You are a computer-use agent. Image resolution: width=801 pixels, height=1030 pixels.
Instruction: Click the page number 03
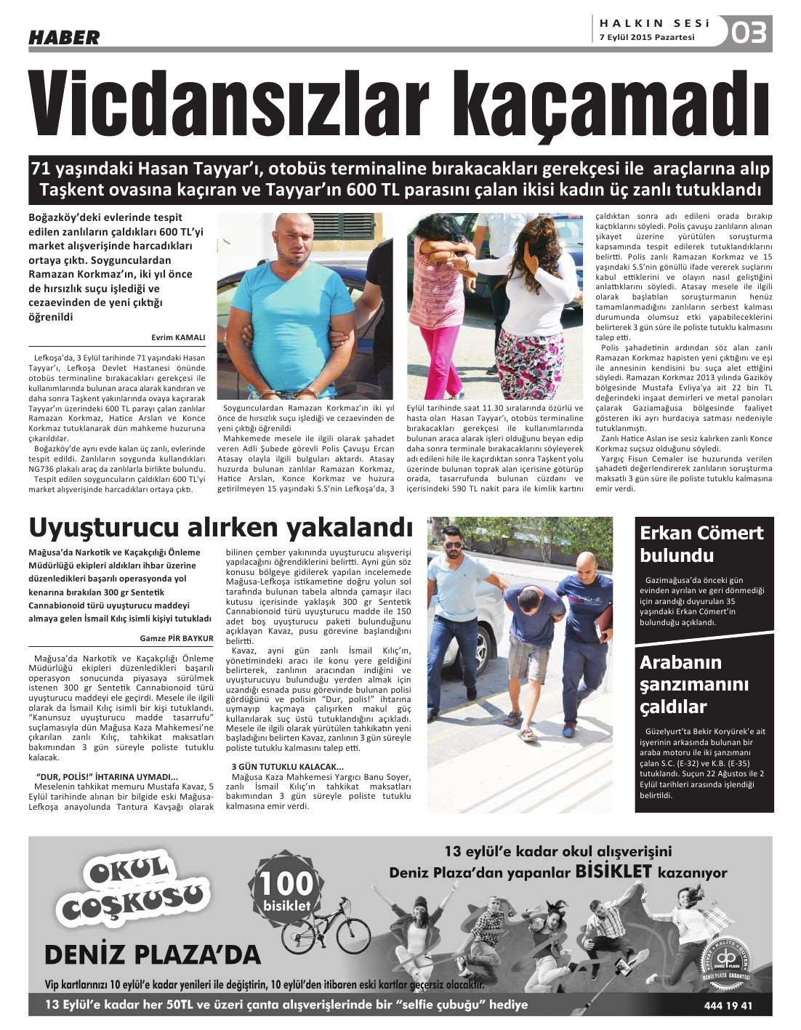coord(749,33)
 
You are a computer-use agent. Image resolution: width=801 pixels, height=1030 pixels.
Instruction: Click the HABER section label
coord(64,37)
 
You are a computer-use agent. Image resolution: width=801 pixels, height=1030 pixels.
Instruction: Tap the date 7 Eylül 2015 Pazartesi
coord(647,37)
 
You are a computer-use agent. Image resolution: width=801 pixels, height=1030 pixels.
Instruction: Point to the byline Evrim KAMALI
coord(178,337)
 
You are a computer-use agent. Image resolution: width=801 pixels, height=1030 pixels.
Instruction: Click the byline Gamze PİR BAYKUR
coord(177,638)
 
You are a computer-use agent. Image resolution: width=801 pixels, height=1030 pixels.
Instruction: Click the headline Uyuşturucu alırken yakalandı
coord(220,527)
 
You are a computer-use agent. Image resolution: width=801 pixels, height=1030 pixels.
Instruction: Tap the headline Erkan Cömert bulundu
coord(701,544)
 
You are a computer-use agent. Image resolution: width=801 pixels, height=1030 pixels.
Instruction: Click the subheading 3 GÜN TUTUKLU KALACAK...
coord(287,767)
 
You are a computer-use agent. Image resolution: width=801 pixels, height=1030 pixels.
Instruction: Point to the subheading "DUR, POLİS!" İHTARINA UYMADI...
coord(107,776)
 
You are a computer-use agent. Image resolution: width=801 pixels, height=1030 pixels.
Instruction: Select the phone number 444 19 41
coord(728,1006)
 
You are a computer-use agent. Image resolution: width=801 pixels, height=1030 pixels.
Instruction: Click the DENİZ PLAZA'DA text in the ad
coord(152,954)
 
